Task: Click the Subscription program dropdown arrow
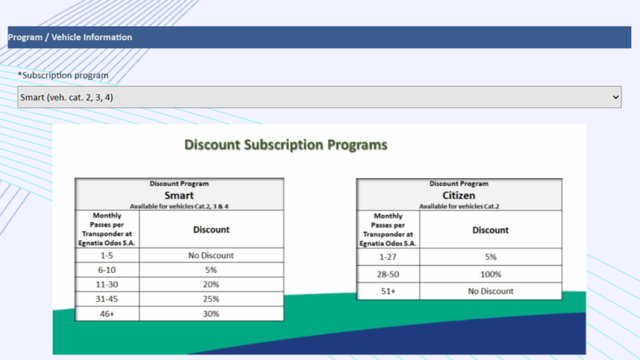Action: click(616, 97)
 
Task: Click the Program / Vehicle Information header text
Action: click(70, 37)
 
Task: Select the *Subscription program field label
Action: click(63, 75)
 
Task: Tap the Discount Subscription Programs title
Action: click(286, 145)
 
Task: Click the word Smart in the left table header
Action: click(179, 195)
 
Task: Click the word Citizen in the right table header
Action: click(459, 195)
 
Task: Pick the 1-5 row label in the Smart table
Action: click(106, 256)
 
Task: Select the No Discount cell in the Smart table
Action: click(211, 256)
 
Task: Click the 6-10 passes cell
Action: click(106, 270)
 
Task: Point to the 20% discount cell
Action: click(211, 284)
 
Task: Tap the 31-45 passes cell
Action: click(106, 299)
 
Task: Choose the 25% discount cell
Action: click(211, 299)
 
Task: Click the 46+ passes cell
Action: click(107, 314)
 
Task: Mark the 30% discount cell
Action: click(211, 314)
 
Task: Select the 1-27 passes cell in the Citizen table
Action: click(387, 257)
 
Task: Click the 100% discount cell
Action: click(491, 274)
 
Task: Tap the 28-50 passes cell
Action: click(387, 274)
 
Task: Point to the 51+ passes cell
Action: click(387, 291)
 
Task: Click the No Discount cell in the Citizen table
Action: click(491, 291)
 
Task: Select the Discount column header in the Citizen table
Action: click(491, 230)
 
